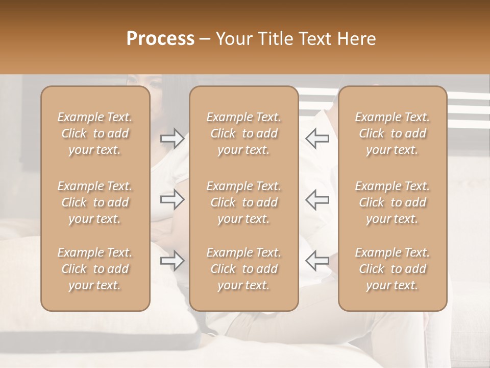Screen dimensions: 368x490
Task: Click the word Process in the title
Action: point(160,39)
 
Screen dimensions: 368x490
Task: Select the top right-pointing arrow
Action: point(172,139)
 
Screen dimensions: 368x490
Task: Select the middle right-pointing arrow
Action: point(172,199)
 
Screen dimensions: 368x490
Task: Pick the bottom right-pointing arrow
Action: point(172,261)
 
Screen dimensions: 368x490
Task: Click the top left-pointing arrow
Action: point(317,139)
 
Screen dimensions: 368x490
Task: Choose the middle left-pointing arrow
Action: point(317,199)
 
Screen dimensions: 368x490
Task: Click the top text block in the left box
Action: point(95,133)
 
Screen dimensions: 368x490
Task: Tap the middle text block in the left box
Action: point(95,202)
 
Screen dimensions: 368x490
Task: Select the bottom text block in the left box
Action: point(95,269)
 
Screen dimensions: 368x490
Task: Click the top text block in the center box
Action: point(244,133)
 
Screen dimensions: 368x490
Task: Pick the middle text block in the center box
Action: point(244,202)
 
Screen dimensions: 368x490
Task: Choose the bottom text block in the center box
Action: point(244,269)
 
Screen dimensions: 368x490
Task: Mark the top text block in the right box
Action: point(393,133)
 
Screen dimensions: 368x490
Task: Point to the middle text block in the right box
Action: point(393,202)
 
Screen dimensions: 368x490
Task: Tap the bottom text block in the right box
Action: point(393,269)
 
